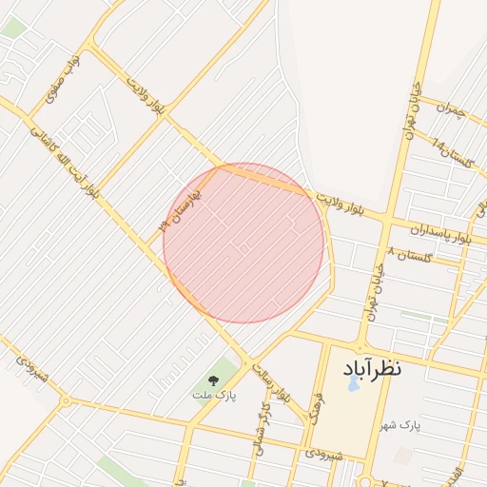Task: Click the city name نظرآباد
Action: (367, 367)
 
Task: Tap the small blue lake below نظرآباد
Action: (353, 384)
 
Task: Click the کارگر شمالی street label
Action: (262, 431)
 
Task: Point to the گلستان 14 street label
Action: (451, 156)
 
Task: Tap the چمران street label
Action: (449, 110)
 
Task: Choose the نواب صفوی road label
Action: (63, 78)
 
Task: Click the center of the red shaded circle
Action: (244, 243)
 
